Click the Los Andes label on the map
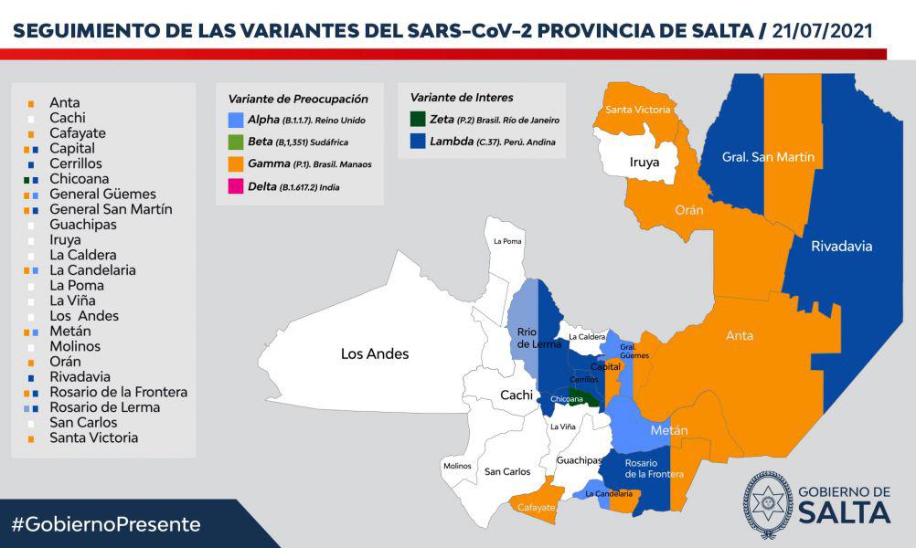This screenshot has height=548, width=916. click(x=375, y=353)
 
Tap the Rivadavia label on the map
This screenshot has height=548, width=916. click(x=841, y=246)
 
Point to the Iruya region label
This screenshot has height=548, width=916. click(x=644, y=162)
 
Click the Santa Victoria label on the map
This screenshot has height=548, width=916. click(x=639, y=110)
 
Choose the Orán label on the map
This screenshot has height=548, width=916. click(x=688, y=210)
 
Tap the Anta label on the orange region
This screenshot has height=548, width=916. click(x=740, y=335)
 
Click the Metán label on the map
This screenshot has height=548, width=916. click(x=669, y=430)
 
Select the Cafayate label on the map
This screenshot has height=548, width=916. click(x=535, y=507)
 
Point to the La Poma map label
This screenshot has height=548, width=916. click(x=506, y=241)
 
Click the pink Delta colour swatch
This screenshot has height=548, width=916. click(x=237, y=185)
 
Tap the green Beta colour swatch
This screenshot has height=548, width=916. click(x=237, y=142)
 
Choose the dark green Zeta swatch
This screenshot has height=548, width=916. click(x=418, y=119)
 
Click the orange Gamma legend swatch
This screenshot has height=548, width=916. click(x=237, y=163)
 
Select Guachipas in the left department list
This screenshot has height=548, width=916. click(x=83, y=225)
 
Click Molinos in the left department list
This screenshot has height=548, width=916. click(x=75, y=346)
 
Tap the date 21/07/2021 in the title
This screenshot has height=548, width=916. click(x=821, y=30)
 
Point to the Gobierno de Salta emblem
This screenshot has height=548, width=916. click(x=767, y=504)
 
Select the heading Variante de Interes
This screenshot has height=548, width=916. click(x=461, y=97)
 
